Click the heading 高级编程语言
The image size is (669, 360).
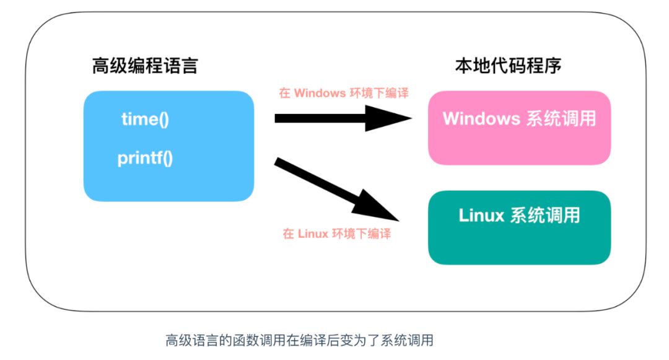(145, 66)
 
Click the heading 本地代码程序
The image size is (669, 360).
(508, 65)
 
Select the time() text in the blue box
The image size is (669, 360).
(145, 119)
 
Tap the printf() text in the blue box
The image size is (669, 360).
(145, 158)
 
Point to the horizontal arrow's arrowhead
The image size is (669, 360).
(390, 118)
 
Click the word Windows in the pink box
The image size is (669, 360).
(481, 118)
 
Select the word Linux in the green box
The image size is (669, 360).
(482, 215)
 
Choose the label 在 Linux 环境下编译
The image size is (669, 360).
(337, 234)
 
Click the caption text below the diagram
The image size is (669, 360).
(299, 340)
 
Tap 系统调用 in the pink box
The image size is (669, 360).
(561, 118)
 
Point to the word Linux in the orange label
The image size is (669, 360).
(313, 234)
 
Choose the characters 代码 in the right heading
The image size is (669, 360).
(508, 65)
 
